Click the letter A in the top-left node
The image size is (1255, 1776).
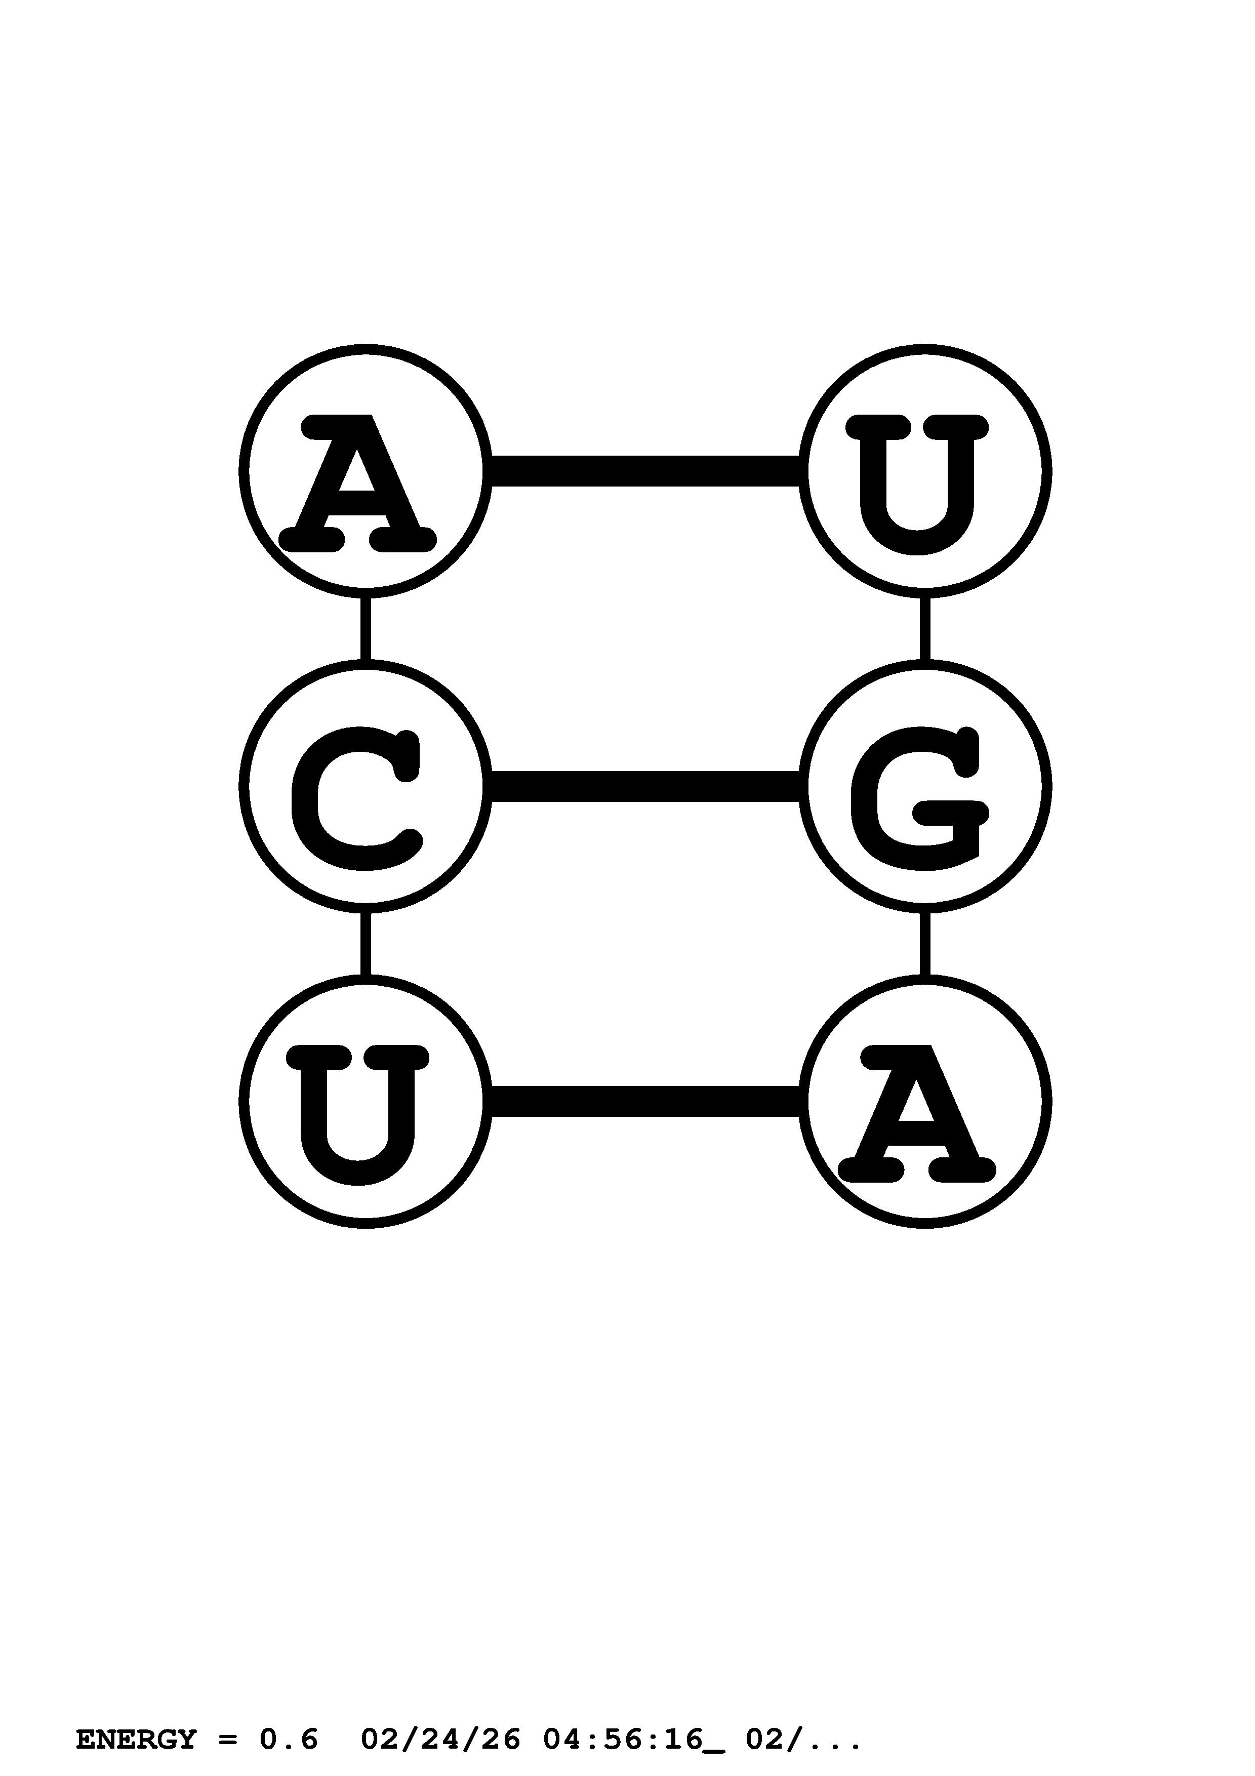[358, 483]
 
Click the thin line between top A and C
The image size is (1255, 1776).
[366, 628]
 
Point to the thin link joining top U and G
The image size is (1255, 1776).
[925, 628]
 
